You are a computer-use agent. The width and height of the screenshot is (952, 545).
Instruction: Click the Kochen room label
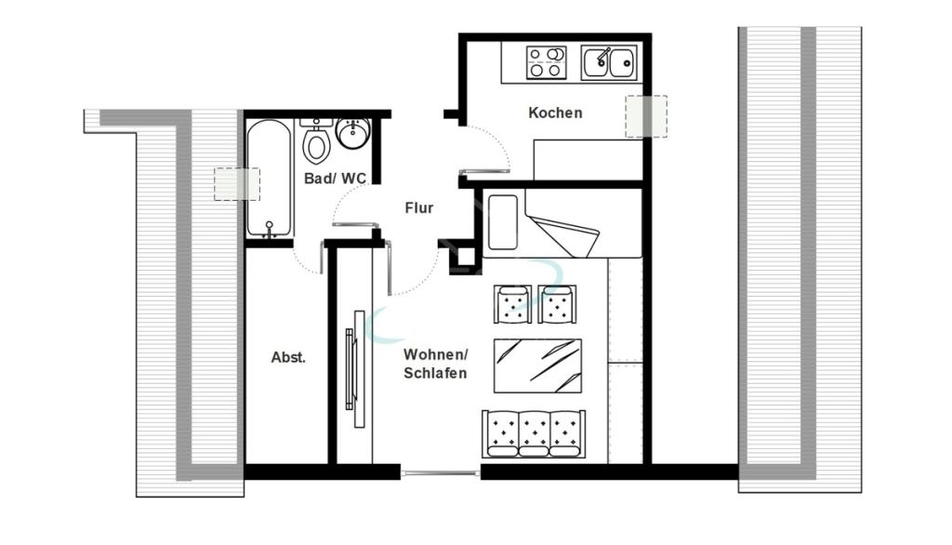(555, 113)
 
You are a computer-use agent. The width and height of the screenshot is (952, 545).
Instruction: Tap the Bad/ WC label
(335, 178)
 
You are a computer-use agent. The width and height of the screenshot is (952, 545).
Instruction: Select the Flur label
(419, 207)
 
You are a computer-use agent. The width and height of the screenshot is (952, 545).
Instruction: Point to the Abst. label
(288, 357)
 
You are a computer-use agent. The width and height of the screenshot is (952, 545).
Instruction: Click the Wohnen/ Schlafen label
(435, 364)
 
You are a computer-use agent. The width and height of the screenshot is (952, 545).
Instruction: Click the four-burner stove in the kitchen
(546, 62)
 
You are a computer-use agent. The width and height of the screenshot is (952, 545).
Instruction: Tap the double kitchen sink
(609, 62)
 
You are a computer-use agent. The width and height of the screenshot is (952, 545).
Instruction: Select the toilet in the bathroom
(316, 141)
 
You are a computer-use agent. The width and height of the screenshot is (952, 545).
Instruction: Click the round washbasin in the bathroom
(352, 133)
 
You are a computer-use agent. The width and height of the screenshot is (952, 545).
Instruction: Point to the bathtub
(270, 178)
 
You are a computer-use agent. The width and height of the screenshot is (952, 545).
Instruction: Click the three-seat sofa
(534, 433)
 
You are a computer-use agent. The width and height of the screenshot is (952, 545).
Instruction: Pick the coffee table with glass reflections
(537, 366)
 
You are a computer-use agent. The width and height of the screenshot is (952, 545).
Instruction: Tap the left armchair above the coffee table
(513, 304)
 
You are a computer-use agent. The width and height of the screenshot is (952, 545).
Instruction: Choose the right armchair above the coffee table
(557, 304)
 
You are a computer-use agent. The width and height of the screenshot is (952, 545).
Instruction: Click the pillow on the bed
(503, 221)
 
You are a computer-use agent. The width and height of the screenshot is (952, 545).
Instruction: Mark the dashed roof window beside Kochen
(646, 116)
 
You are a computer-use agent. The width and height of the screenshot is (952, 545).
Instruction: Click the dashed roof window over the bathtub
(237, 184)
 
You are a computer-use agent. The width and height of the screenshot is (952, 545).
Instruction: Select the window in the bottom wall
(441, 472)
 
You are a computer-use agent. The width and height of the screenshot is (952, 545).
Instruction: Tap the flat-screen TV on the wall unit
(350, 369)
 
